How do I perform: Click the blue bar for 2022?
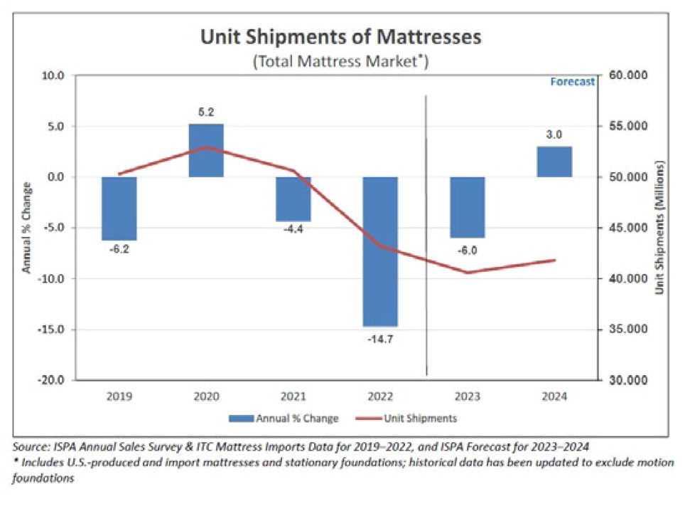(380, 251)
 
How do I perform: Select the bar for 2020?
(206, 150)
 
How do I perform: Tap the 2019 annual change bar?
(119, 209)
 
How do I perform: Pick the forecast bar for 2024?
(554, 162)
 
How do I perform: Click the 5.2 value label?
(206, 112)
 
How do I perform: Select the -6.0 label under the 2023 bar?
(467, 250)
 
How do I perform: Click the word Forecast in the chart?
(572, 81)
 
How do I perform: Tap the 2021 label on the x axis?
(293, 395)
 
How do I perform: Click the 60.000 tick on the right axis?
(629, 75)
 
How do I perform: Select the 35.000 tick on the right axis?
(629, 330)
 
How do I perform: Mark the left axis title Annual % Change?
(26, 228)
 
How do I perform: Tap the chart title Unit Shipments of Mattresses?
(340, 36)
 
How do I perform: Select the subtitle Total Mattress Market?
(340, 61)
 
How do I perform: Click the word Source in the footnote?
(30, 447)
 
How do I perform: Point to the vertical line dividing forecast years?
(425, 235)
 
